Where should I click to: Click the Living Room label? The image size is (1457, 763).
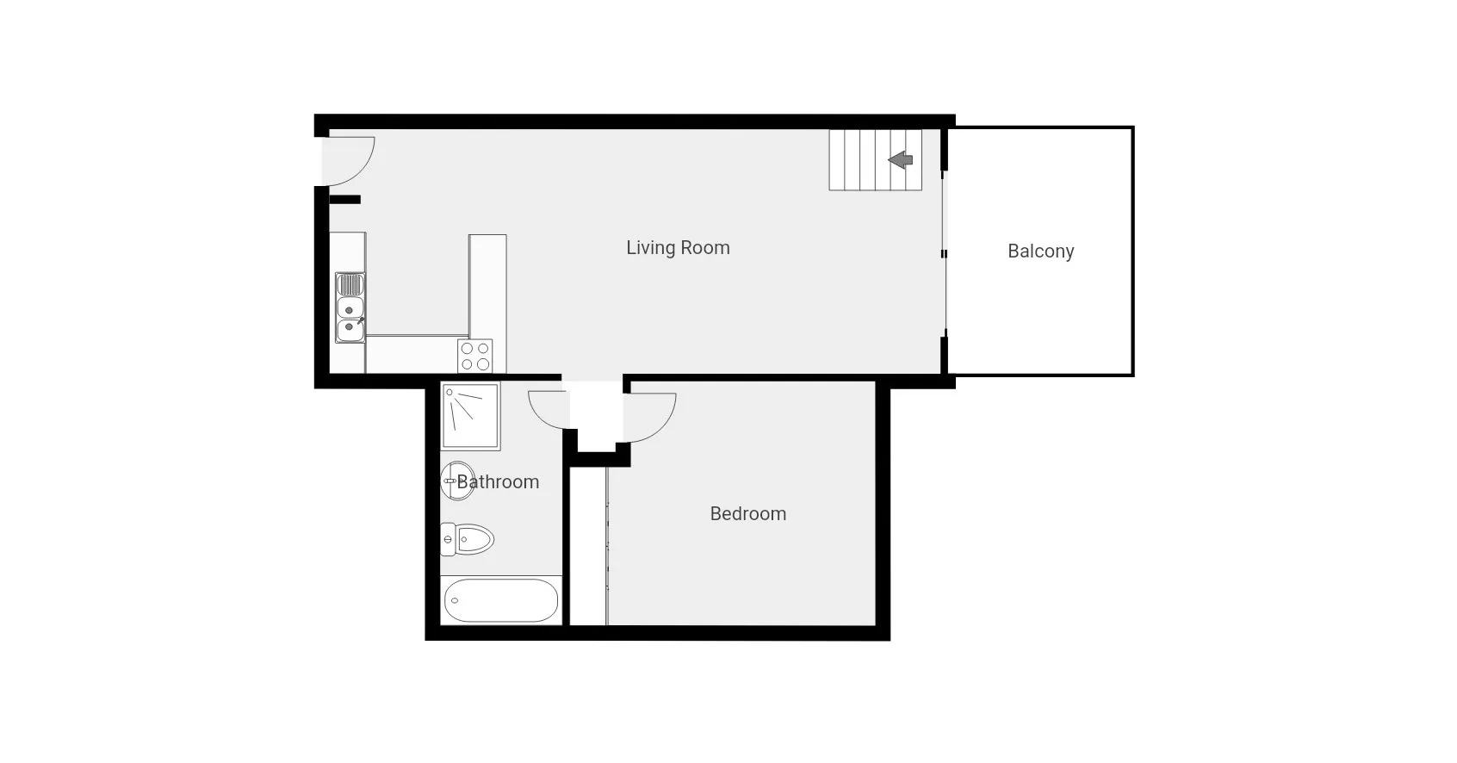pyautogui.click(x=678, y=248)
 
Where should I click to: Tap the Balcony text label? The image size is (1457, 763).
pyautogui.click(x=1041, y=251)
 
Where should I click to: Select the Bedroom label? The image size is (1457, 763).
pyautogui.click(x=748, y=514)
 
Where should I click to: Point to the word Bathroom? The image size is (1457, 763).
pyautogui.click(x=498, y=482)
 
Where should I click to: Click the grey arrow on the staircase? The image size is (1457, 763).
pyautogui.click(x=901, y=159)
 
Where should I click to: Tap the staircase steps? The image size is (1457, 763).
pyautogui.click(x=876, y=160)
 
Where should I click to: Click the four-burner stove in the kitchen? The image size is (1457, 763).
pyautogui.click(x=474, y=356)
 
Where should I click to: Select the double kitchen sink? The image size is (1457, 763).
pyautogui.click(x=350, y=307)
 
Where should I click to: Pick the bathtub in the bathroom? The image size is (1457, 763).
pyautogui.click(x=501, y=600)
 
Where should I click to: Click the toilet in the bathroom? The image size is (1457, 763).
pyautogui.click(x=467, y=539)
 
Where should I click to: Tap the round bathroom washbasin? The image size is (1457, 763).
pyautogui.click(x=458, y=481)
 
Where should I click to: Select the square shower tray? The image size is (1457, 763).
pyautogui.click(x=470, y=416)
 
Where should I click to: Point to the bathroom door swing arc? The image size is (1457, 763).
pyautogui.click(x=537, y=414)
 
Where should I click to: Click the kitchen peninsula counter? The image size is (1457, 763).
pyautogui.click(x=488, y=286)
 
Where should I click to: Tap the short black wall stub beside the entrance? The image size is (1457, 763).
pyautogui.click(x=344, y=200)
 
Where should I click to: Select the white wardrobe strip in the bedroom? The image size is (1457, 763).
pyautogui.click(x=589, y=546)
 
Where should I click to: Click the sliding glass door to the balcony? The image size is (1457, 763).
pyautogui.click(x=945, y=254)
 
